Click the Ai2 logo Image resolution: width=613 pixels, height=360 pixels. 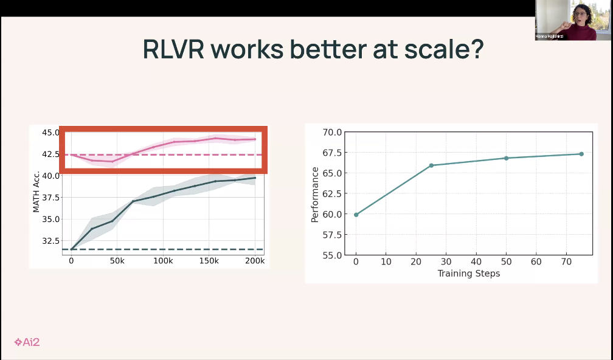coord(27,342)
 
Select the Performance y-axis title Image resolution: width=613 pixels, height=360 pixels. coord(314,195)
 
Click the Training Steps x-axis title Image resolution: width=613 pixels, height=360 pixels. coord(468,274)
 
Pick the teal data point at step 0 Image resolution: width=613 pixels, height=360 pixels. coord(356,215)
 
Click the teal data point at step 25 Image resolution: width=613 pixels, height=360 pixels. coord(431,165)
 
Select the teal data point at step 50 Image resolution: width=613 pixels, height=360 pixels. coord(506,158)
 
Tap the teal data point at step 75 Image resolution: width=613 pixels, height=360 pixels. coord(581,154)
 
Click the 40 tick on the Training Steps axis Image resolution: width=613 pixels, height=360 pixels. coord(476,261)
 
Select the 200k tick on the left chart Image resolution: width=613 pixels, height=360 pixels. coord(254,261)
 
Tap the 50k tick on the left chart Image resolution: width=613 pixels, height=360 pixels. coord(117,261)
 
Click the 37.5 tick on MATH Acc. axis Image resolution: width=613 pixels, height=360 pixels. coord(51,198)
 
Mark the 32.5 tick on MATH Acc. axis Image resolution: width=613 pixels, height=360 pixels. coord(51,241)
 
